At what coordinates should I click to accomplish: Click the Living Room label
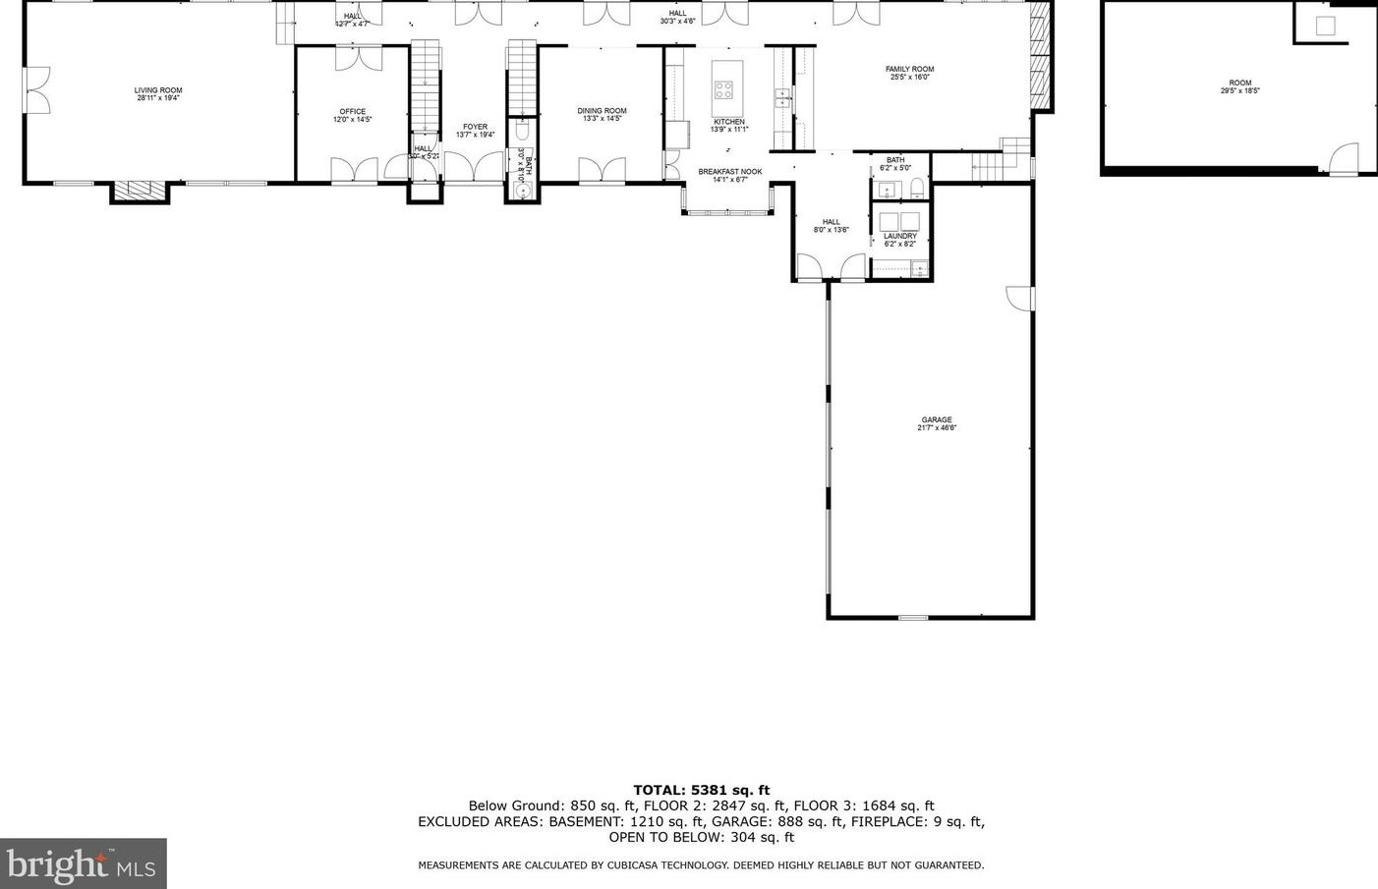pos(158,90)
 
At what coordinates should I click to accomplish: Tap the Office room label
pos(353,112)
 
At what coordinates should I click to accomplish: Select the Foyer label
pos(475,127)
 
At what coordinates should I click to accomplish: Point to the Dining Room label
pos(602,111)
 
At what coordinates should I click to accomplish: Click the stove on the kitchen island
pos(723,90)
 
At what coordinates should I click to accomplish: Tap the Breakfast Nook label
pos(730,172)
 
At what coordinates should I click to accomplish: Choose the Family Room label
pos(909,70)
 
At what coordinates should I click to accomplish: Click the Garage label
pos(937,420)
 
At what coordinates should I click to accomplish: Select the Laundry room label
pos(899,236)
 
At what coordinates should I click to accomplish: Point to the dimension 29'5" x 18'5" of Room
pos(1239,90)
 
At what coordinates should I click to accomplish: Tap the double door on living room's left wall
pos(34,90)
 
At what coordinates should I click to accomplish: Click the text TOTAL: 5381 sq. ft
pos(701,790)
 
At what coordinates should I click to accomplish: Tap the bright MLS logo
pos(83,863)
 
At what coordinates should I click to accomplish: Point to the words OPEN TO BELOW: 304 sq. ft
pos(701,838)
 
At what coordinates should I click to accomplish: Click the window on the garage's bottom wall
pos(913,617)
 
